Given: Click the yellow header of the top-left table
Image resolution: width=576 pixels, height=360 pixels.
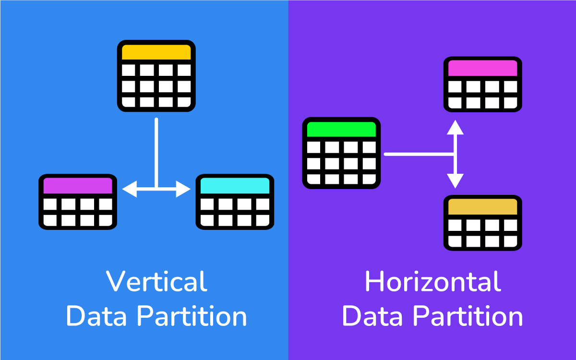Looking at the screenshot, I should pos(156,52).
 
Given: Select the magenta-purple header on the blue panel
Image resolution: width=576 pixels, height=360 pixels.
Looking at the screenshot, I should pos(78,185).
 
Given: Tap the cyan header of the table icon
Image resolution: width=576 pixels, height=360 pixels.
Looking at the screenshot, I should pos(235,185).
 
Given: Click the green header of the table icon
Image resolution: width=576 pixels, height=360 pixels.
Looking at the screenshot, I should pos(341,129).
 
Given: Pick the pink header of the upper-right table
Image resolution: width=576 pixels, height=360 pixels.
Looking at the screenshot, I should pos(482,68).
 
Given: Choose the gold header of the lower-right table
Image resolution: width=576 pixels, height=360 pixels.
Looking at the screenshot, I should pos(482,207).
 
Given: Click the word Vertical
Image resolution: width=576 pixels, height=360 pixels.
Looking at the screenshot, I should pos(156,282).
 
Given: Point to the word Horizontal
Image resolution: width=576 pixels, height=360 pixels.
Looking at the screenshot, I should pos(432,282).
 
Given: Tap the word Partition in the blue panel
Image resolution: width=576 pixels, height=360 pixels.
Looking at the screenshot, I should pos(192,317).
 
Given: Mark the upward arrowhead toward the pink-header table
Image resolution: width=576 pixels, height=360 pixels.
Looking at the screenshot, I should pos(456,127).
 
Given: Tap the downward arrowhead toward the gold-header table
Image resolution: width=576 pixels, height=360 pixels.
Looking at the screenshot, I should pos(456,181).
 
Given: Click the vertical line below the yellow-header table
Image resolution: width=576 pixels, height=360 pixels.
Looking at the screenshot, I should pos(156,149).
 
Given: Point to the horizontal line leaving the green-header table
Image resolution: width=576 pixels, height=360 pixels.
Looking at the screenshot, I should pos(418,154).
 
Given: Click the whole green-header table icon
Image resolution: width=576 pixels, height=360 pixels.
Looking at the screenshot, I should pos(341,153).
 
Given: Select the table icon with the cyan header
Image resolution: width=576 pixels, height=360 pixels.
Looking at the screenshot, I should pos(235,202).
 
